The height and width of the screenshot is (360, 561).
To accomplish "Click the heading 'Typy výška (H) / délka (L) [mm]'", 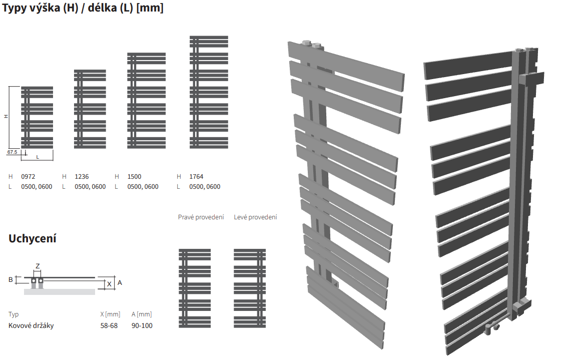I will click(83, 8).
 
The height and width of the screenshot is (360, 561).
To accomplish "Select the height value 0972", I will click(28, 176).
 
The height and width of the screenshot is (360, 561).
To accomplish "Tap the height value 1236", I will click(82, 176).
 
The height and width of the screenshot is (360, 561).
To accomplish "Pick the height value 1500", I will click(134, 176).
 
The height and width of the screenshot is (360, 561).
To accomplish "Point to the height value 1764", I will click(196, 176).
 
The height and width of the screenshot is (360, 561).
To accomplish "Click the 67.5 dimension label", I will click(13, 151).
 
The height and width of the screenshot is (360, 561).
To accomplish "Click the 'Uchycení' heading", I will click(33, 238).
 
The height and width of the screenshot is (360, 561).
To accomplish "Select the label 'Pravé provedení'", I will click(201, 217).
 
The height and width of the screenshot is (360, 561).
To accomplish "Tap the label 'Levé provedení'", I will click(255, 217).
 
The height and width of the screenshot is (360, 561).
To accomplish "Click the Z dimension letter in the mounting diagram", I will click(37, 266).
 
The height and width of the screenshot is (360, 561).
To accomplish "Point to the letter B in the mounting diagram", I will click(11, 279).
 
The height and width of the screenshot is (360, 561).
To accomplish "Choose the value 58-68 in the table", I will click(109, 325).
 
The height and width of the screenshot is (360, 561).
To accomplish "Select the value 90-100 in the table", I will click(142, 325).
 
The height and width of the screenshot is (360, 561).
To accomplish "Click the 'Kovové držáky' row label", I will click(31, 325).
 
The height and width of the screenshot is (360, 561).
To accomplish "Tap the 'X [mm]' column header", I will click(110, 314).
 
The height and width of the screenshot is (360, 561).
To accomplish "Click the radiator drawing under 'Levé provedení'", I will click(250, 288).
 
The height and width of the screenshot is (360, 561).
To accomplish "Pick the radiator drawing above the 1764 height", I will click(209, 92).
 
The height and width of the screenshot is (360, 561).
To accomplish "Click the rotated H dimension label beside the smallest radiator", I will click(7, 116).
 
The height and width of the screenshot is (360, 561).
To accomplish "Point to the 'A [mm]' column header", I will click(142, 314).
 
